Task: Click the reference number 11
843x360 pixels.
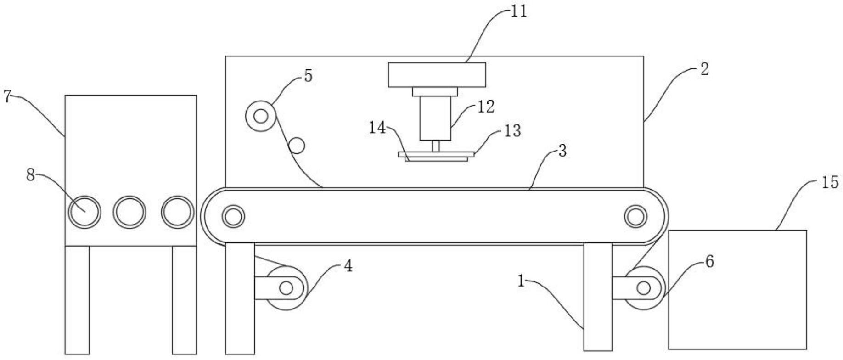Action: [519, 11]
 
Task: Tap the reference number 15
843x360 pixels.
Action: [829, 183]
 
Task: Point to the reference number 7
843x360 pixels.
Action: [7, 97]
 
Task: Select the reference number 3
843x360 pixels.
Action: [562, 151]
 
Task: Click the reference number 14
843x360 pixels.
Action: [377, 128]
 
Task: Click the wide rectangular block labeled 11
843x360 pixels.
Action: [437, 75]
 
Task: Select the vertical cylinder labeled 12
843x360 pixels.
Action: [435, 118]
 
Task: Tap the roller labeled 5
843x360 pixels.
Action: [261, 116]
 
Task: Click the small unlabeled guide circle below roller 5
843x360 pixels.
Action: [296, 146]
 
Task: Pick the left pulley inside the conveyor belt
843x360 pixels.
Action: [233, 216]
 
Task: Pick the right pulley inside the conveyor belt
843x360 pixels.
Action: [635, 216]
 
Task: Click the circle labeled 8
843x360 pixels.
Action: [84, 212]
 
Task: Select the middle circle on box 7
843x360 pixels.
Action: [129, 212]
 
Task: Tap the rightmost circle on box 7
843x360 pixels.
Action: [177, 212]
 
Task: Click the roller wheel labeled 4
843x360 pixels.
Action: [286, 288]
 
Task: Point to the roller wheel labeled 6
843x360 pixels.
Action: [644, 288]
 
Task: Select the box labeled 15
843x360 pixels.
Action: [737, 289]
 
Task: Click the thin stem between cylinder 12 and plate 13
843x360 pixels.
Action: [435, 146]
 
